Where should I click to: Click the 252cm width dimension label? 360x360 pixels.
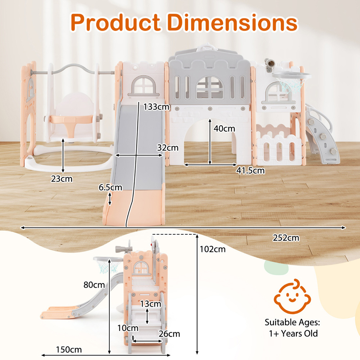pos(285,238)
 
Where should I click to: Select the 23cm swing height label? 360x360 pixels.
pos(62,179)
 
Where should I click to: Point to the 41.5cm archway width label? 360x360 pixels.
pos(251,170)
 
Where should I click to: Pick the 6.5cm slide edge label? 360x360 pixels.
pos(110,188)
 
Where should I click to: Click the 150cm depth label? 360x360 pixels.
pos(69,349)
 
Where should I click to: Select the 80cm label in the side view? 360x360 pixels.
pos(94,285)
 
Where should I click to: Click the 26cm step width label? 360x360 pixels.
pos(169,334)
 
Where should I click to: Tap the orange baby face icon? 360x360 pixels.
pos(291,297)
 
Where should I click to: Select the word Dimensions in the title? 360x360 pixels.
pos(233,22)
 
